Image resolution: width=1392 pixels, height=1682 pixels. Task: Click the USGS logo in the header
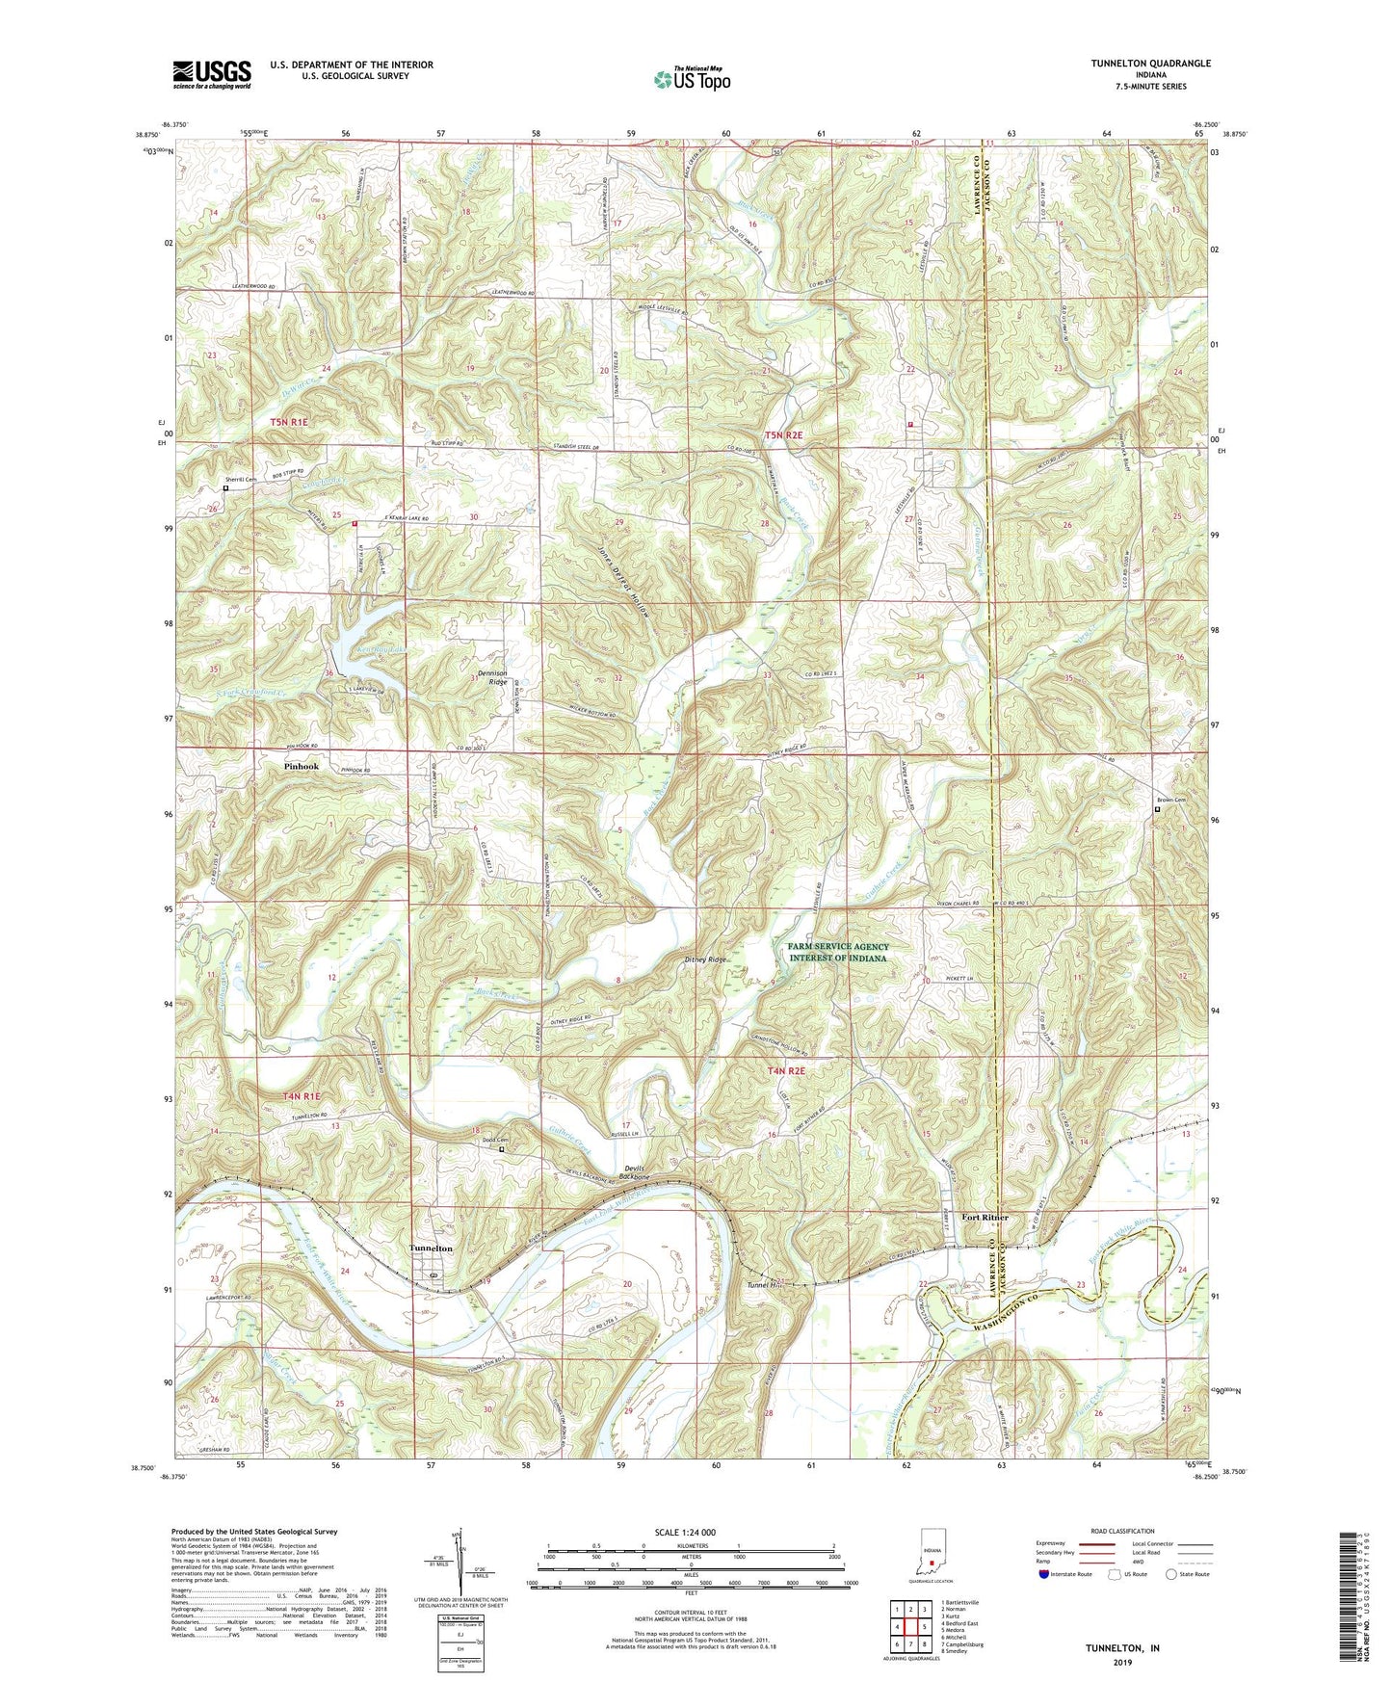pyautogui.click(x=212, y=73)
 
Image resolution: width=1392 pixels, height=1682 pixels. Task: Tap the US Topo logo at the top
pyautogui.click(x=691, y=79)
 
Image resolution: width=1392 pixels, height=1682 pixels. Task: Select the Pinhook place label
pyautogui.click(x=301, y=767)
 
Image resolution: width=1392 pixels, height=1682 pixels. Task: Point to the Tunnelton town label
pyautogui.click(x=431, y=1248)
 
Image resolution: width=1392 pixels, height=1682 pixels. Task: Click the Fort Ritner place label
pyautogui.click(x=985, y=1218)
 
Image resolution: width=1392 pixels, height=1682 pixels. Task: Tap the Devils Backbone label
pyautogui.click(x=636, y=1172)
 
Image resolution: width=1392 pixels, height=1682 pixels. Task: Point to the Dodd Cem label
pyautogui.click(x=495, y=1141)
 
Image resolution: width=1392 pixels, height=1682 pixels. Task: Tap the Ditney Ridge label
pyautogui.click(x=706, y=960)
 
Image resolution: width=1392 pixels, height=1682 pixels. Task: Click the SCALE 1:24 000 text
pyautogui.click(x=685, y=1532)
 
